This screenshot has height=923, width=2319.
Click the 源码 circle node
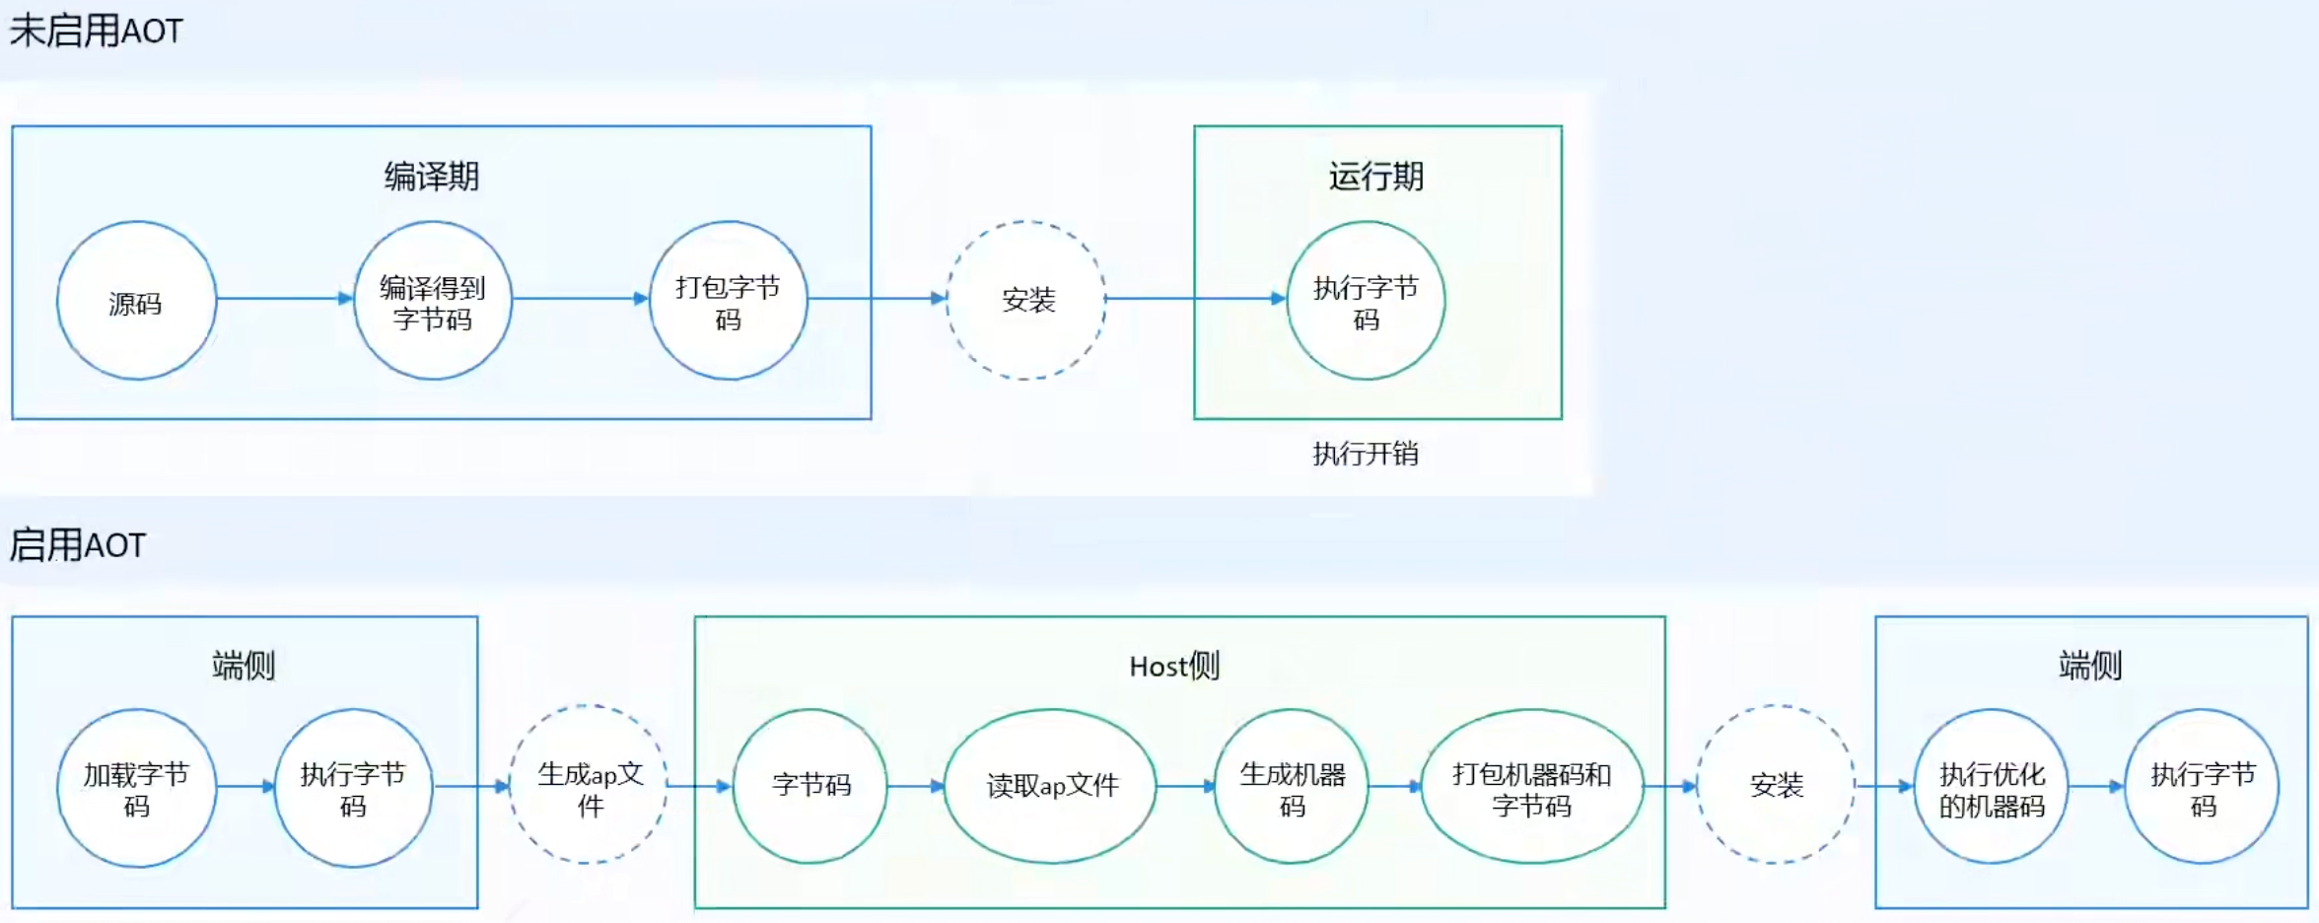[136, 301]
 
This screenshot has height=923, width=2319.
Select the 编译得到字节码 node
[432, 301]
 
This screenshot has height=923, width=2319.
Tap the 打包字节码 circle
[728, 301]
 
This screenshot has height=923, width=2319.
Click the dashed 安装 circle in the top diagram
[1026, 300]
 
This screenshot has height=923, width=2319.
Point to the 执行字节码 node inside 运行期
[1366, 301]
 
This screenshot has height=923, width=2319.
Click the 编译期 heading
[432, 177]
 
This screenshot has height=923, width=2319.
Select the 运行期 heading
[1376, 177]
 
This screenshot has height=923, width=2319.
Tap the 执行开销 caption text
[1366, 454]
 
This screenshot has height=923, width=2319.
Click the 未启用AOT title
[96, 31]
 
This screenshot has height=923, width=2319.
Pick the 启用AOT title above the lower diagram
[77, 544]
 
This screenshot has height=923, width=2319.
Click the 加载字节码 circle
[136, 788]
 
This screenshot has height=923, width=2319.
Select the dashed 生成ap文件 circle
[589, 786]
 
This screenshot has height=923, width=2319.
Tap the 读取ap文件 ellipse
[1051, 786]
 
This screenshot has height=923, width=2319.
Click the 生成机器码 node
[1292, 787]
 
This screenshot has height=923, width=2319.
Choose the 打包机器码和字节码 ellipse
[1531, 787]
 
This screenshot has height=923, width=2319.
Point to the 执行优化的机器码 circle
[1991, 787]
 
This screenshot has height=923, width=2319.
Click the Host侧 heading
[1174, 667]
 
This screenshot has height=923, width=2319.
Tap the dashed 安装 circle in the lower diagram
[1776, 785]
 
